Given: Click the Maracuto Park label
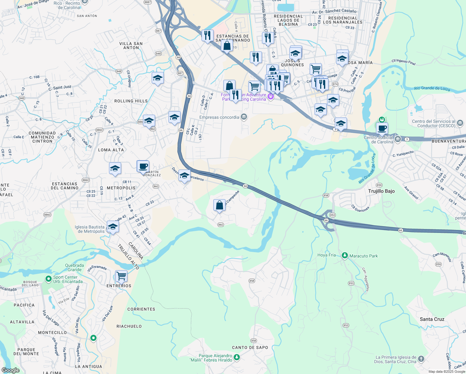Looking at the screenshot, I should point(364,256).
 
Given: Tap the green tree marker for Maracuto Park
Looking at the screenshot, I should point(345,256).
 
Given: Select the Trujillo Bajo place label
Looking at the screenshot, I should point(381,191).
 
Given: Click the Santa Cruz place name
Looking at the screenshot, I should point(432,319).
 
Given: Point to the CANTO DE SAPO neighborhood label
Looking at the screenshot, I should point(250,348).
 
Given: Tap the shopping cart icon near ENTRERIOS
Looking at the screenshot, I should point(121,276).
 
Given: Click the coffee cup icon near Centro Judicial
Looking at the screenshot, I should point(382,128).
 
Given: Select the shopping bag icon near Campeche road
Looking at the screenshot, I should point(220,205).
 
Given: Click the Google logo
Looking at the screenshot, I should point(10,370).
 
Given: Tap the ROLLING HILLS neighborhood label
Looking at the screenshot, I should point(131,101).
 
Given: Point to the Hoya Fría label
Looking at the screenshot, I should point(326,255).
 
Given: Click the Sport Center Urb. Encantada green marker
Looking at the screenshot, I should point(48,279).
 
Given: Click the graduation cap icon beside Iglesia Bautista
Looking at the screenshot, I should point(113,227).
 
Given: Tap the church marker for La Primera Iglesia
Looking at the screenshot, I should point(421,359).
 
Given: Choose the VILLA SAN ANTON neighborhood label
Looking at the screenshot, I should point(131,46).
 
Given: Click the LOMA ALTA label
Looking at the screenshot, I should point(111,150).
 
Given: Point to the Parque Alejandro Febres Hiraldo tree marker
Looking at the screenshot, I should point(237,357).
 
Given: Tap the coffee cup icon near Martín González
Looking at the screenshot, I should point(143,166).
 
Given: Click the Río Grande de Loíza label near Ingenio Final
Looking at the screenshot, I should point(432,89).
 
